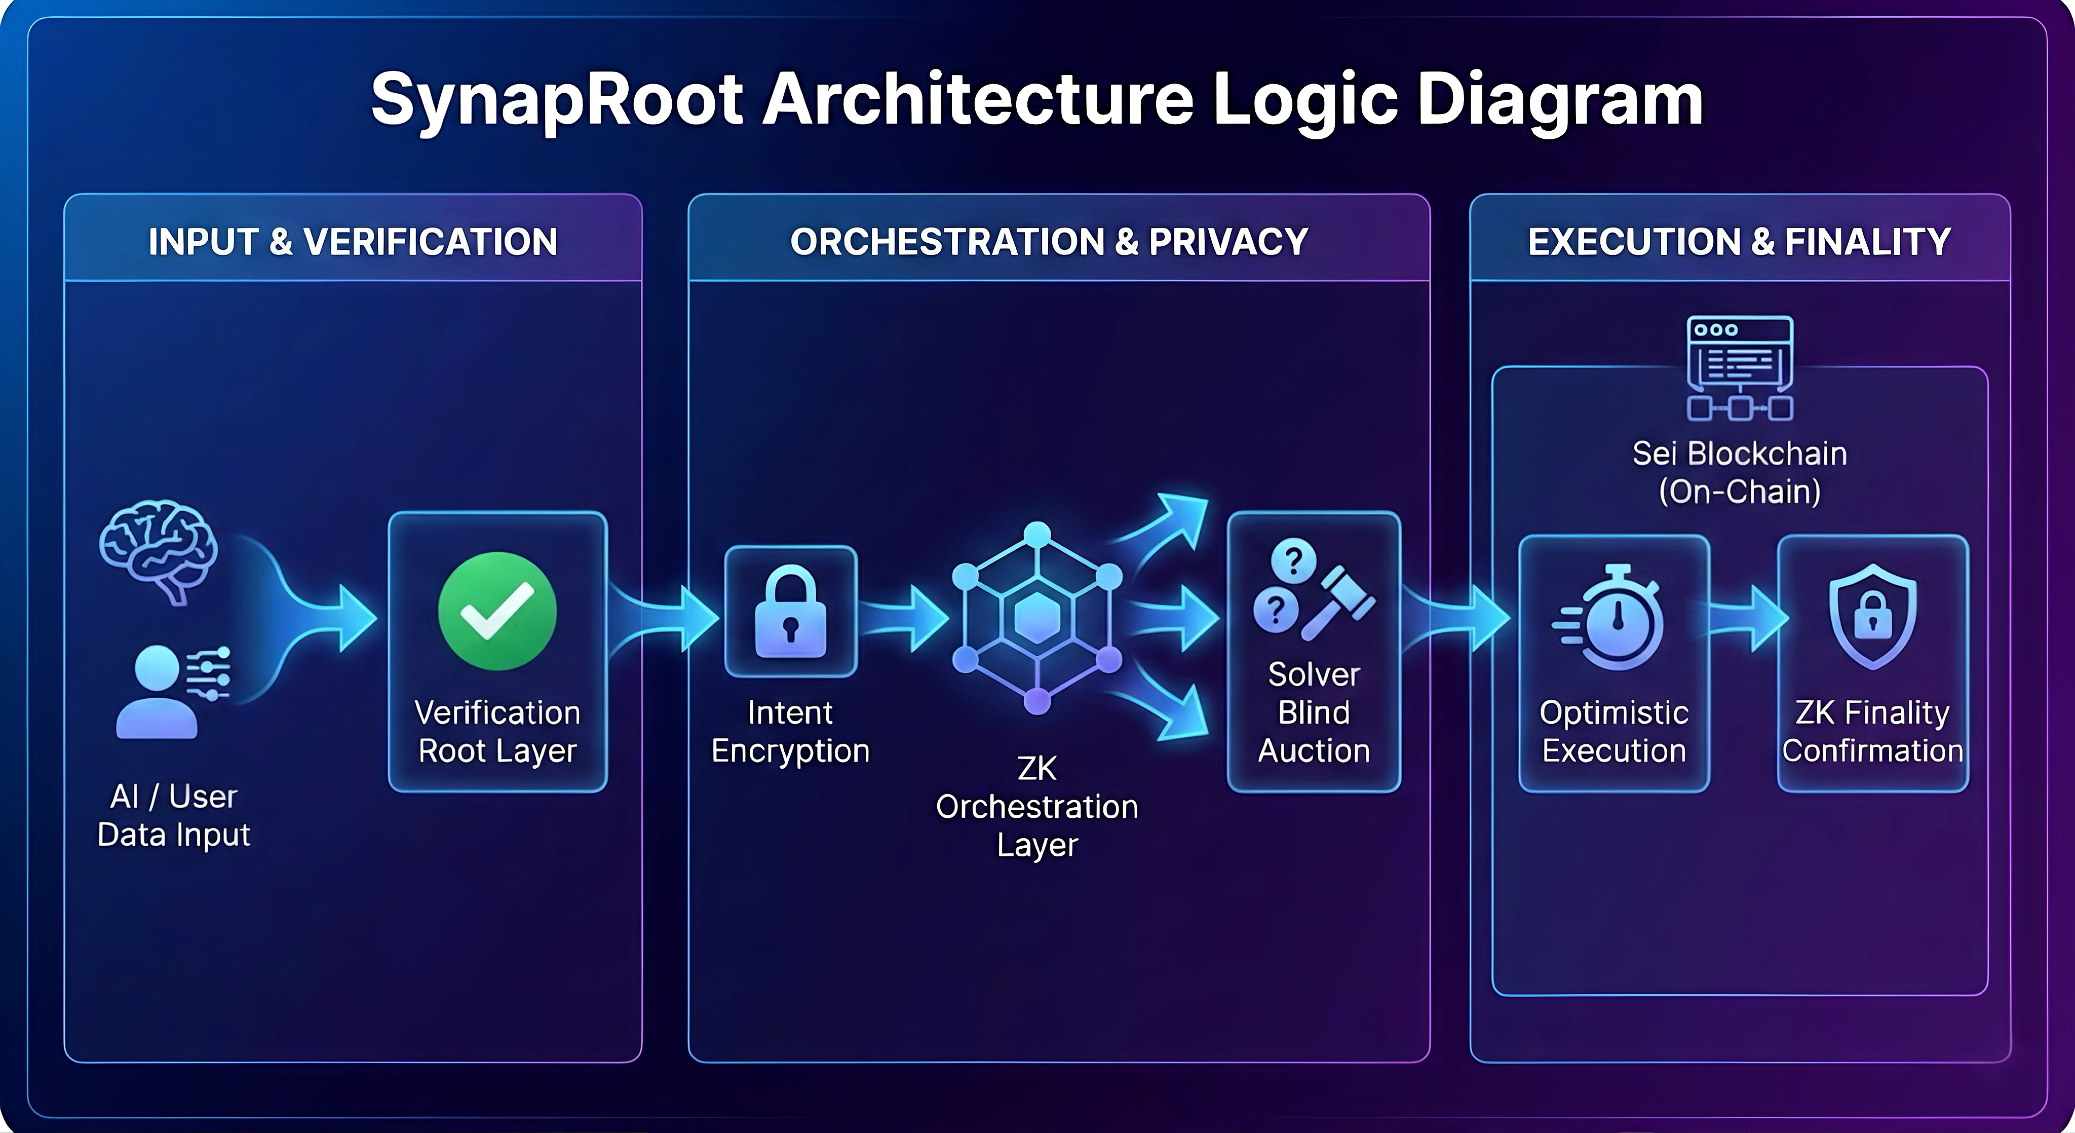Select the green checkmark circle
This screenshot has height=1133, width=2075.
pos(497,611)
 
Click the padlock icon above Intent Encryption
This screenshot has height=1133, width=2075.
pos(790,613)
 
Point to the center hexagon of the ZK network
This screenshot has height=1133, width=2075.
pos(1036,618)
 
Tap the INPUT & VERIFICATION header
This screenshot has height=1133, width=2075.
pos(353,242)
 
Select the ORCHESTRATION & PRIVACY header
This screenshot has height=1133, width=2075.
pos(1049,242)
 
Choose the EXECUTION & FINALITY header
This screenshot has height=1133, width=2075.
pos(1739,242)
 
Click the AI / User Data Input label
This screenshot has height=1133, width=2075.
pos(173,815)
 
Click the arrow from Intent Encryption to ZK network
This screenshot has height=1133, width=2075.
pos(906,619)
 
